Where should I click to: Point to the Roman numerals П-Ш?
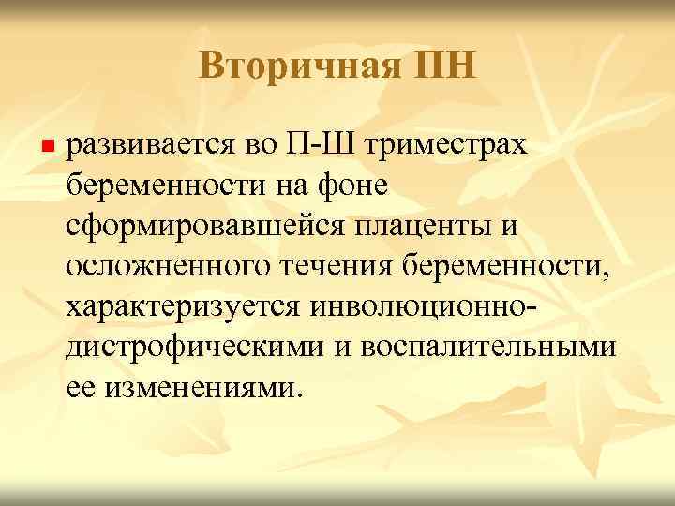pos(318,146)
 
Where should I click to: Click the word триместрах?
pos(452,147)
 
